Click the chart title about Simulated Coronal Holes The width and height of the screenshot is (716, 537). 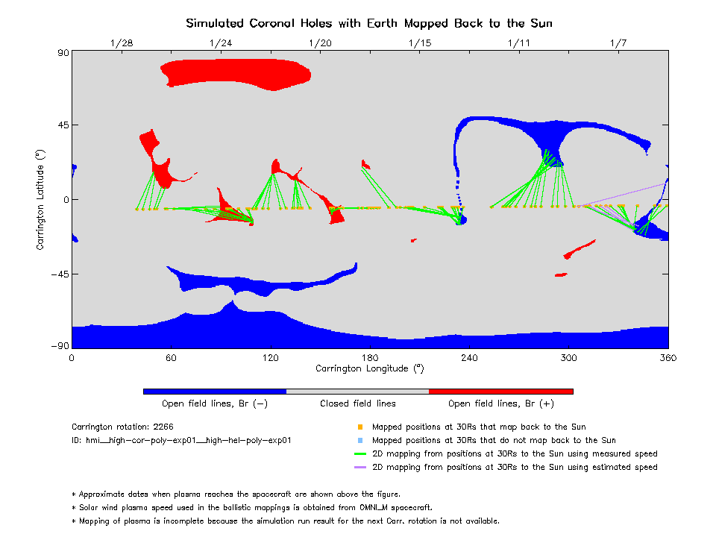coord(369,23)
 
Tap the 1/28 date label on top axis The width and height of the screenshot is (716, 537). coord(122,43)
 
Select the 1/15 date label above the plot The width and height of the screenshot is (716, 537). coord(420,43)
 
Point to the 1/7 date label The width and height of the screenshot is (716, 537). coord(618,43)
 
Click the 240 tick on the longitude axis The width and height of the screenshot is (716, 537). coord(469,357)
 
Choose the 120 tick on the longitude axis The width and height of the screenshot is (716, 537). coord(271,357)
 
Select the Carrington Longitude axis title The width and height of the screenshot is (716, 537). coord(370,368)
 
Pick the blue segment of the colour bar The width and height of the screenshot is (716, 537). coord(214,391)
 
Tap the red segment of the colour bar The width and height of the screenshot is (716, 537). coord(500,391)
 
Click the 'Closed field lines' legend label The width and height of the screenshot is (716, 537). coord(358,403)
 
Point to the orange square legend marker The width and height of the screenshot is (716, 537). coord(360,427)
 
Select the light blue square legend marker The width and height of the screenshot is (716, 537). coord(360,441)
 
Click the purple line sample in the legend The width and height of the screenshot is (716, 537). coord(360,468)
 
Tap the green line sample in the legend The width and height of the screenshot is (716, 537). coord(360,454)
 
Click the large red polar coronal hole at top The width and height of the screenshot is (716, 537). coord(235,74)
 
